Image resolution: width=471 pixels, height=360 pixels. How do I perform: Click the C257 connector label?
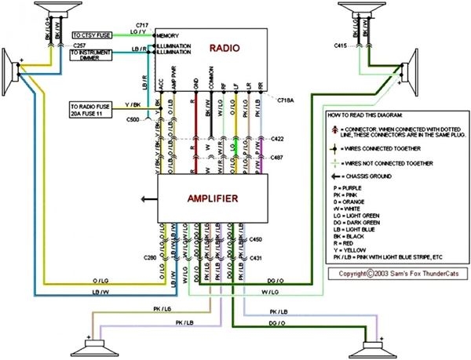[x=80, y=46]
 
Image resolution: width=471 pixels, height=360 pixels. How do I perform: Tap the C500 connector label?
[x=133, y=119]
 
